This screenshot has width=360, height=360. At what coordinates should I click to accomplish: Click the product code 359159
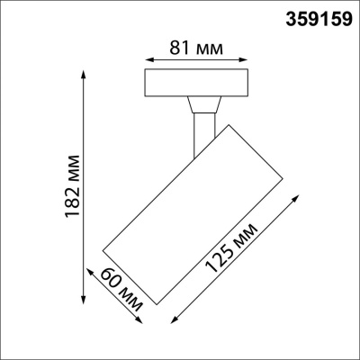319,18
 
